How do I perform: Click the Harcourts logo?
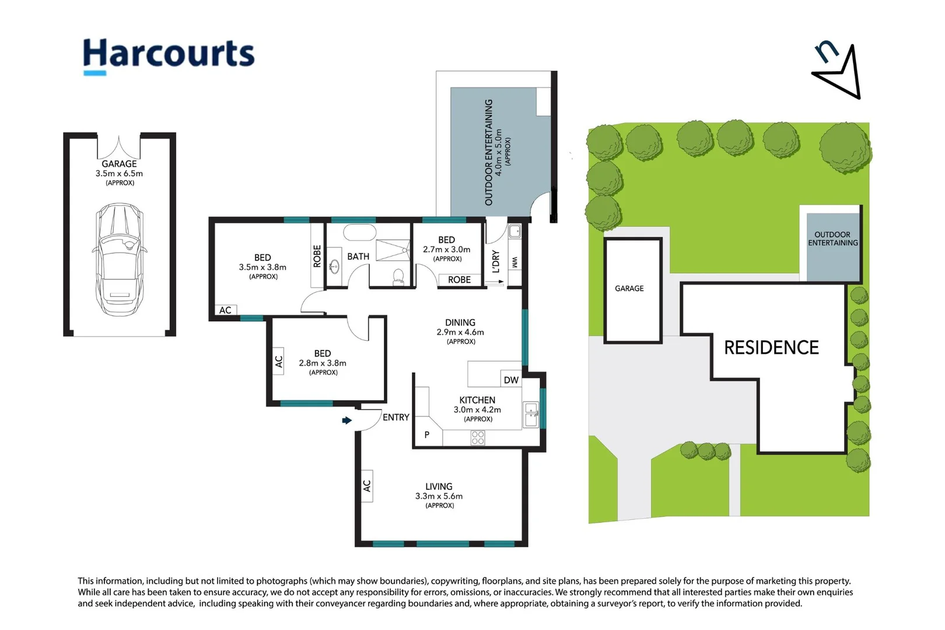coord(169,57)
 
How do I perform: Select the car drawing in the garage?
coord(120,260)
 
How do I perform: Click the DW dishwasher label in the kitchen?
coord(511,380)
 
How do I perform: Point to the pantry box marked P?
coord(428,434)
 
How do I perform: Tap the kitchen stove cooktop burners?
coord(478,437)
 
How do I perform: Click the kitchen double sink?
coord(530,414)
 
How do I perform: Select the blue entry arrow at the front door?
coord(346,420)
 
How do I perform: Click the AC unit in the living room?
coord(367,486)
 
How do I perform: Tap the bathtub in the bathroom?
coord(359,233)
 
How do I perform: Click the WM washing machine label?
coord(514,262)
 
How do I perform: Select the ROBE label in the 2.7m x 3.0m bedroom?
coord(459,279)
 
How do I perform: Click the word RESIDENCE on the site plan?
coord(771,347)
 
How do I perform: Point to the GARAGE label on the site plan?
coord(629,288)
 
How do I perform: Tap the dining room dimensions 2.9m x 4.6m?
coord(460,332)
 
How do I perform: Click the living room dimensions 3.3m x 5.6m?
coord(439,496)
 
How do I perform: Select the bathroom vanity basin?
coord(335,267)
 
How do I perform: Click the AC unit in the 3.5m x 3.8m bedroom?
coord(225,310)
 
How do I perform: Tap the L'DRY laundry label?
coord(496,261)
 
